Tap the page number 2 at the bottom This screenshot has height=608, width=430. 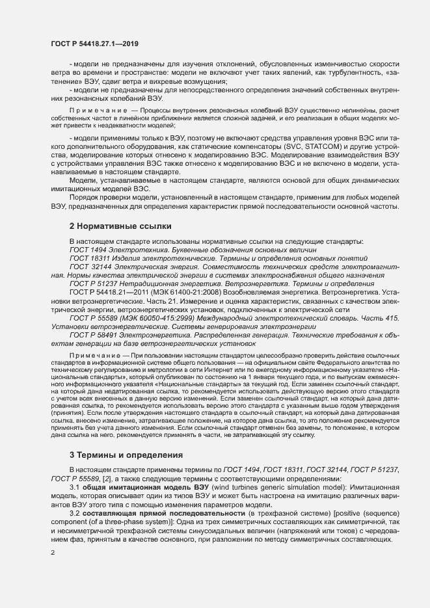(x=53, y=553)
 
